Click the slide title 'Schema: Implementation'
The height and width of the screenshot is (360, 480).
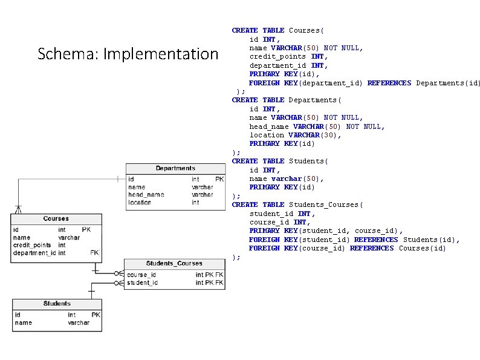click(x=128, y=54)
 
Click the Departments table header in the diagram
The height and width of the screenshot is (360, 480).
click(x=175, y=168)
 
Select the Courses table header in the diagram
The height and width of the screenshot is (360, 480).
click(x=56, y=218)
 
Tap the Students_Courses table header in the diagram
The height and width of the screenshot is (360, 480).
click(x=174, y=264)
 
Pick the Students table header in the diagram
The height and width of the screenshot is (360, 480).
click(x=57, y=303)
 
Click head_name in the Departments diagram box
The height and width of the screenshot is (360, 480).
click(x=146, y=195)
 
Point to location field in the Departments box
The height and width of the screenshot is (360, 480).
click(x=140, y=202)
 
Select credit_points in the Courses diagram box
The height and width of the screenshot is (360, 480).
click(x=32, y=245)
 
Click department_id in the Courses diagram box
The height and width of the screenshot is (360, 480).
click(x=35, y=253)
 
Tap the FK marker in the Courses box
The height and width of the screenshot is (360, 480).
click(x=94, y=253)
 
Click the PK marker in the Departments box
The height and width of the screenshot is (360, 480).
click(x=219, y=179)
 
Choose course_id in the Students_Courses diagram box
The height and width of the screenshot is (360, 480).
click(x=141, y=275)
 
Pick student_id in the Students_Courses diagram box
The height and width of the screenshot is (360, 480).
click(x=143, y=283)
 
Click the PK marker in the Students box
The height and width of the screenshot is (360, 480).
click(x=96, y=315)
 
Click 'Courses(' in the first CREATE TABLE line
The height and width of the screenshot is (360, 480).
click(x=306, y=30)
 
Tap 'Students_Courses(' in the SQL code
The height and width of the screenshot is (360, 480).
click(x=326, y=205)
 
